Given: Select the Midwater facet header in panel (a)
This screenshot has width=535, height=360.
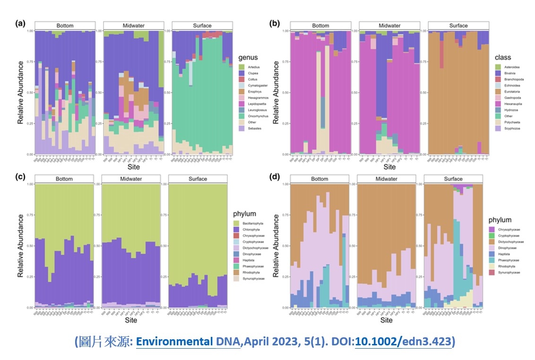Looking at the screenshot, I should click(134, 26).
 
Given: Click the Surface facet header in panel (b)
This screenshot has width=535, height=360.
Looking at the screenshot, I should click(458, 26).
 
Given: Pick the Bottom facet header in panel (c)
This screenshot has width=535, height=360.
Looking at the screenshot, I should click(65, 179).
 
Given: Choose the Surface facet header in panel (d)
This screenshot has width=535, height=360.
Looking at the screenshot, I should click(453, 179).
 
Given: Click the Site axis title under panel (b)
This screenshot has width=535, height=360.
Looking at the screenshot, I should click(389, 167).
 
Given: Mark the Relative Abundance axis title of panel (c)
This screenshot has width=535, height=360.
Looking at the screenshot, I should click(21, 246).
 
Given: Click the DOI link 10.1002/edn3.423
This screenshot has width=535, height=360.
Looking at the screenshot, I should click(403, 342).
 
